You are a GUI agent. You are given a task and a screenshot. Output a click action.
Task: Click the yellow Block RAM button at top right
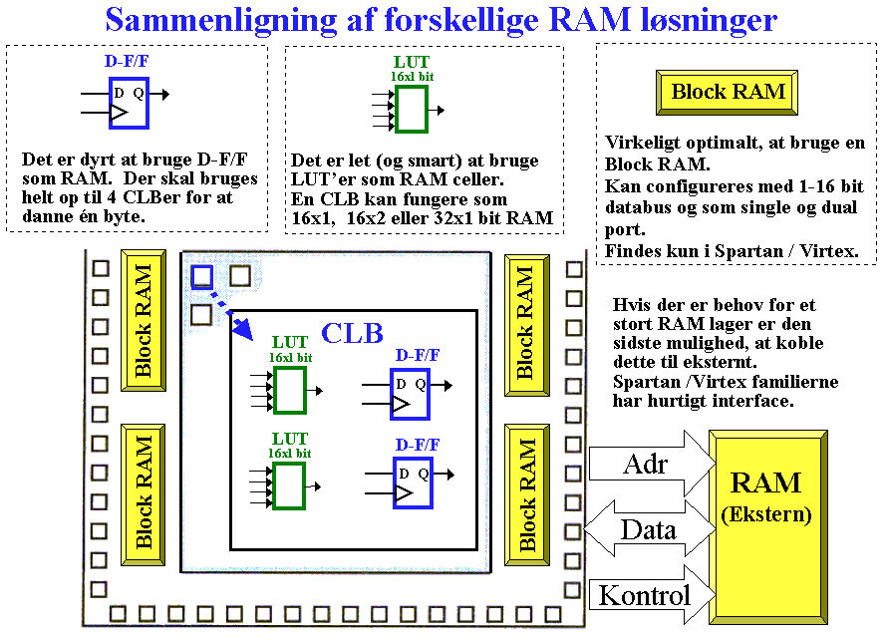727,92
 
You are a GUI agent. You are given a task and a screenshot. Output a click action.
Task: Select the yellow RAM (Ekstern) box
768,526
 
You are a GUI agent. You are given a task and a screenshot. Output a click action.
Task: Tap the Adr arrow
651,465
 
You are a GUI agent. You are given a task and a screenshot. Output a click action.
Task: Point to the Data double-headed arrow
650,529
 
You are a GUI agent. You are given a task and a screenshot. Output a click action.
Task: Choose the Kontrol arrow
651,594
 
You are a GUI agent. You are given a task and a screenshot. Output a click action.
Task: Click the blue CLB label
352,333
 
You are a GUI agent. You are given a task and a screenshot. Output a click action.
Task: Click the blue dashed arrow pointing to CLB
231,315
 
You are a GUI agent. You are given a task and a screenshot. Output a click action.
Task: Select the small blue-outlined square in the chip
201,277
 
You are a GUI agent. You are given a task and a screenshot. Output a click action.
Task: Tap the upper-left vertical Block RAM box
143,320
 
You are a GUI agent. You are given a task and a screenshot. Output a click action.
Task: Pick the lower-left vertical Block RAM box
143,494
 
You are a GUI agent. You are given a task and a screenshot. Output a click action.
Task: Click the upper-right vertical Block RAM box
526,325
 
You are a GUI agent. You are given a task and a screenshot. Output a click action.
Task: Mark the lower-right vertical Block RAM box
526,494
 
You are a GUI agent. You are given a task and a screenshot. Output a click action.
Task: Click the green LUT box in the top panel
412,110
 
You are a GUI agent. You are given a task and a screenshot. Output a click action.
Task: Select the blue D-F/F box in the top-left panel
129,103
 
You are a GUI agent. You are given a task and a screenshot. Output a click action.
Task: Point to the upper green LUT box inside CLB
290,390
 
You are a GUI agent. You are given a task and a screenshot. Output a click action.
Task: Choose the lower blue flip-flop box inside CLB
413,482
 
